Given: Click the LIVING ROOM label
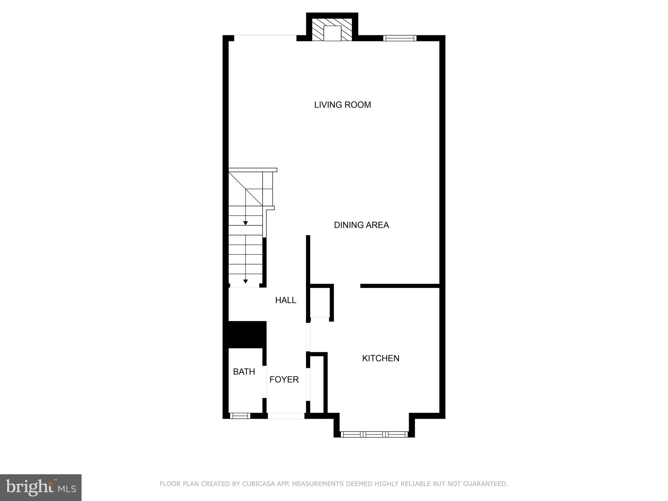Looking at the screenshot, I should tap(342, 105).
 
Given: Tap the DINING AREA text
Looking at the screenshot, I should tap(361, 225).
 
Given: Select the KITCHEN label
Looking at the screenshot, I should tap(381, 358).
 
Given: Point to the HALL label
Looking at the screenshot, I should tap(285, 300).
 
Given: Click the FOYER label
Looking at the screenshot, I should tap(284, 379).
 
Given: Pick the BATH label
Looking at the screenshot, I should tap(244, 372).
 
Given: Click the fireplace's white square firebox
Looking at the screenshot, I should tap(332, 33).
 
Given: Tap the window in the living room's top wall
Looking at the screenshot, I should tap(400, 38).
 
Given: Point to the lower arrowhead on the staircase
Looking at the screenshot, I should tap(246, 281).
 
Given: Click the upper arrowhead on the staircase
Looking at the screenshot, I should tap(246, 223).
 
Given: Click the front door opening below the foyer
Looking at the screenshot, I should tap(286, 416).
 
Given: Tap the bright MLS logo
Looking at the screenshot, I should tap(41, 488).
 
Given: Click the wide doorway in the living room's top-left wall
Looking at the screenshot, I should tap(265, 38).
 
